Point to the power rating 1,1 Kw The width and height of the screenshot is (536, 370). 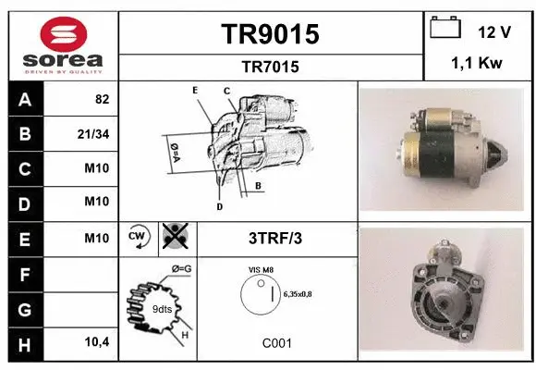click(477, 65)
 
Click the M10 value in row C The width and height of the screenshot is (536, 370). click(97, 167)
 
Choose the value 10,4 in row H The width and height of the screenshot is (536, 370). click(97, 343)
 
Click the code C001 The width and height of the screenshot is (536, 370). click(275, 343)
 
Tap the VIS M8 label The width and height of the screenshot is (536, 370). click(262, 270)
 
